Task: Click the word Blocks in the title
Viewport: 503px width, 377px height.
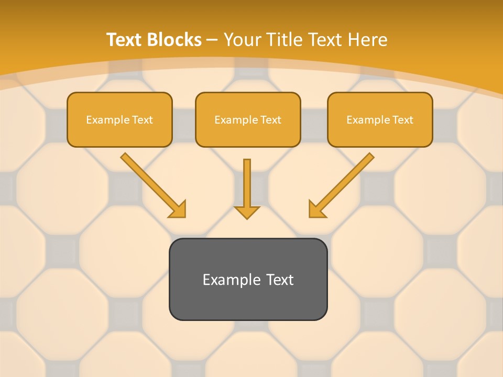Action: tap(175, 40)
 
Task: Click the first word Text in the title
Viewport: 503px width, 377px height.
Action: tap(126, 40)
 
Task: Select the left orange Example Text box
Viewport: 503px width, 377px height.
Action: tap(119, 119)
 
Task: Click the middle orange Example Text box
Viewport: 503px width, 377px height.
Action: tap(248, 119)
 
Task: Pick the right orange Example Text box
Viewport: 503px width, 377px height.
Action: tap(380, 119)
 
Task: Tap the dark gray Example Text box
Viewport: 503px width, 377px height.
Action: tap(248, 279)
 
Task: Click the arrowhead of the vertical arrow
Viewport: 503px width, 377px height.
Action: tap(247, 212)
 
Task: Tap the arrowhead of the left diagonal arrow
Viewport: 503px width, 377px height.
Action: tap(178, 209)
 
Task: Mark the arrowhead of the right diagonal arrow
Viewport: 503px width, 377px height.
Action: tap(316, 209)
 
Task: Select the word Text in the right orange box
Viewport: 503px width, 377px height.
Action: tap(402, 120)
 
